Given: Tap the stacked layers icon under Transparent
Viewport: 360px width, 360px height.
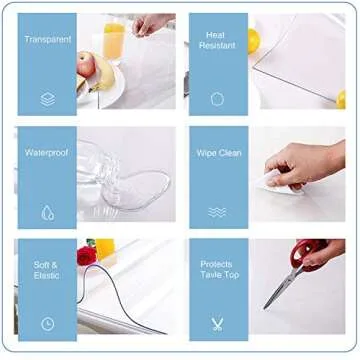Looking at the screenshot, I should [46, 99].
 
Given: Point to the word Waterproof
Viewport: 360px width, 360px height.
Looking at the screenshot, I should [46, 153].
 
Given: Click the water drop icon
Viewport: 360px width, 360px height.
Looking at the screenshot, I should [46, 212].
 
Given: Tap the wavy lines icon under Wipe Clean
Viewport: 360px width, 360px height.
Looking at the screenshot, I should [217, 211].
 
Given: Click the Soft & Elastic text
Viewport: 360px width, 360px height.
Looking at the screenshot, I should [46, 269].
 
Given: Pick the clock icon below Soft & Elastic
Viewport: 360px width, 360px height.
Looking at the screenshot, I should [46, 323].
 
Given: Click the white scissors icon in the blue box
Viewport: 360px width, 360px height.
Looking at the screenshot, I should [217, 323].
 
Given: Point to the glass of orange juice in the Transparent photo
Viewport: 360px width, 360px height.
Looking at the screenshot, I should [115, 40].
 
